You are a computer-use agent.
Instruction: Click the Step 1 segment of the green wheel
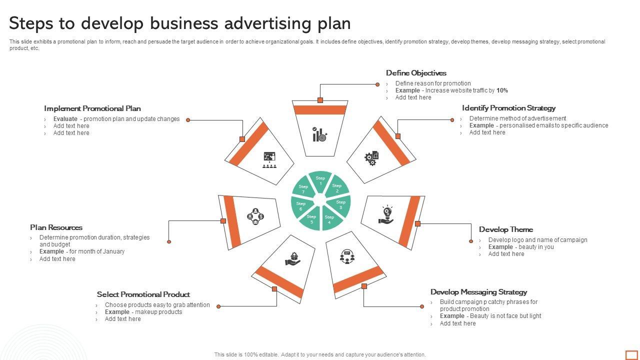pos(320,180)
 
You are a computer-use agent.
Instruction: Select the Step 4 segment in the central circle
pos(329,219)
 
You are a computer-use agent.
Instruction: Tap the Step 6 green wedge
pos(301,206)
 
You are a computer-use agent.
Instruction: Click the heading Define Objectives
pos(416,73)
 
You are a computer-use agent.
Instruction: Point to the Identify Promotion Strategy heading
pos(508,108)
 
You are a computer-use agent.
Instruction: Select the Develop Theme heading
pos(505,229)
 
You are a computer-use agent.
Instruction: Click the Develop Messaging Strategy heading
pos(478,292)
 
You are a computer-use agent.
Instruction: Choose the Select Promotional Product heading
pos(143,294)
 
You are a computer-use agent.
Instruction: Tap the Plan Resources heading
pos(56,227)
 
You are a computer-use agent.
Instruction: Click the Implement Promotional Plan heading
pos(92,108)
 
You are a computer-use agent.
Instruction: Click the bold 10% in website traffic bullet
pos(502,90)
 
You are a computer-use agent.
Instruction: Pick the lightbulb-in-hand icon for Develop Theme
pos(386,214)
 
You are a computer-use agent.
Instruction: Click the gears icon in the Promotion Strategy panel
pos(371,158)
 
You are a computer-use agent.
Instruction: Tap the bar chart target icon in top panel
pos(319,134)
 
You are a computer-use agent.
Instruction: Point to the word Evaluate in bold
pos(65,119)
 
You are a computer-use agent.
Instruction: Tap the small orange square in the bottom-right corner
pos(631,354)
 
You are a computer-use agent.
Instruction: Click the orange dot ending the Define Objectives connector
pos(377,84)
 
